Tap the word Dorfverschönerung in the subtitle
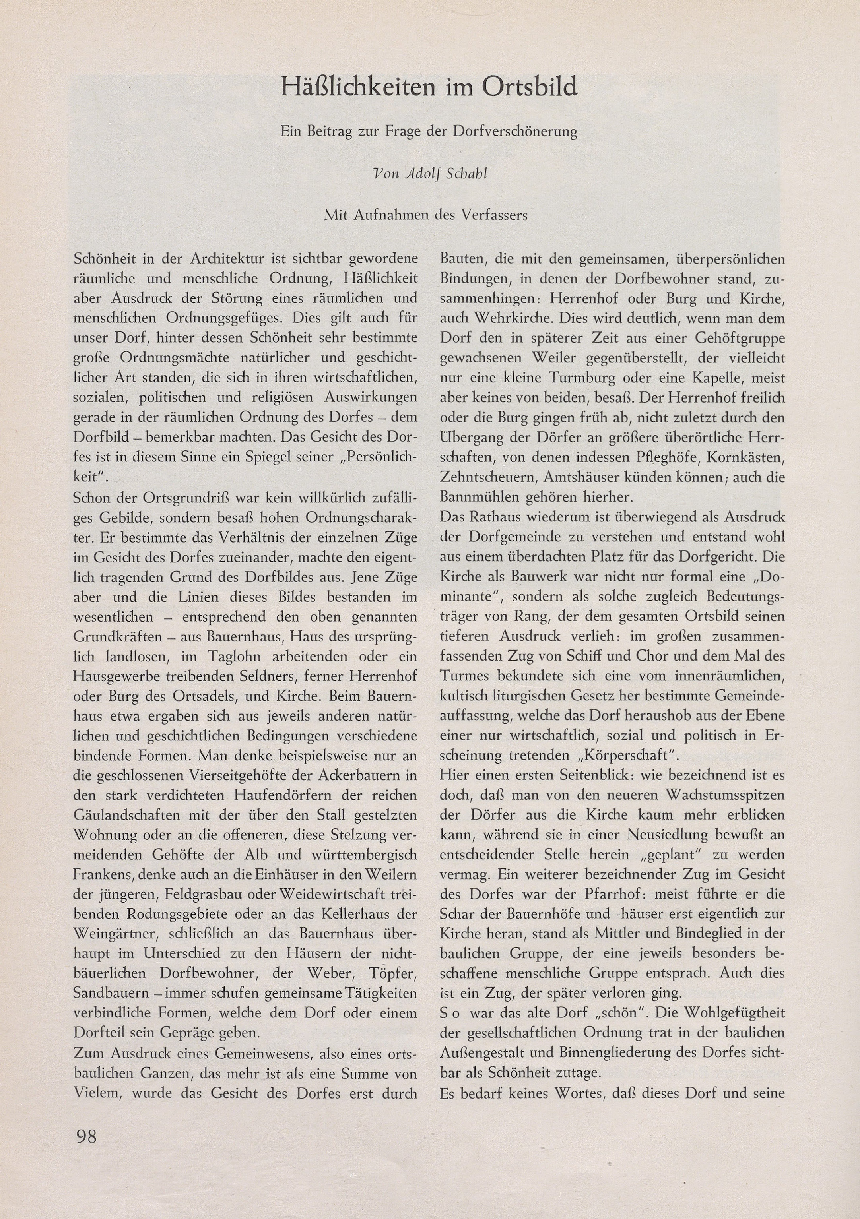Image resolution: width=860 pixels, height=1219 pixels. point(515,132)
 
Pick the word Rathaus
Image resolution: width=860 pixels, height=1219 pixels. point(498,517)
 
